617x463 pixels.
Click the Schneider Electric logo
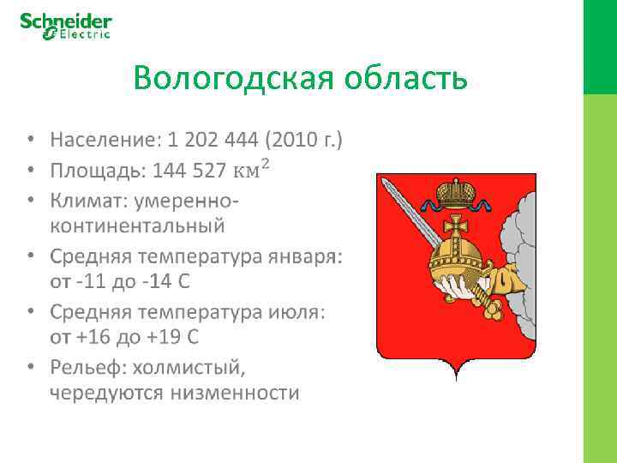pos(66,26)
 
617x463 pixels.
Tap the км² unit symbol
pos(252,170)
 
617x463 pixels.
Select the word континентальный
pos(137,227)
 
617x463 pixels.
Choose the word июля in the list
pos(299,313)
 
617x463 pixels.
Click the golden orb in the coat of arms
pos(463,261)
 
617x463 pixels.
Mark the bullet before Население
pos(32,140)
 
